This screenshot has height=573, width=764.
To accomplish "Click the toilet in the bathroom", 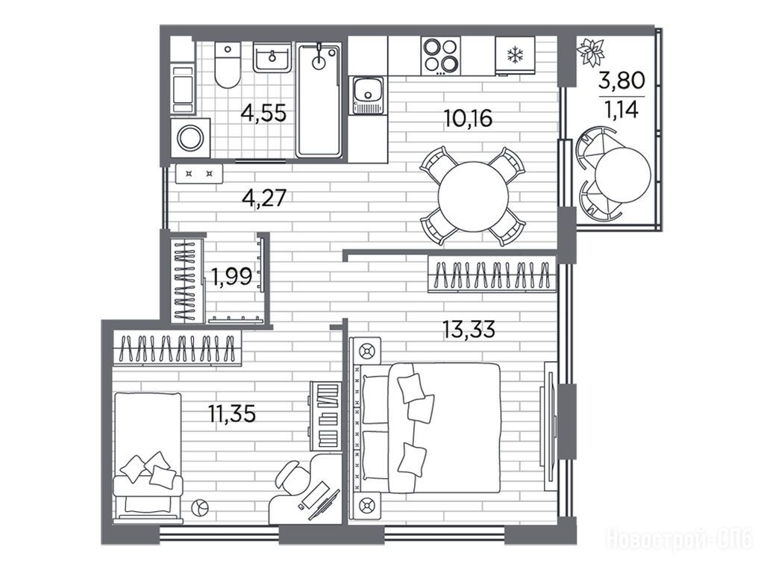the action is coord(228,65).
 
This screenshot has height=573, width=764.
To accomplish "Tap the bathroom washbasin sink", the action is coord(272,57).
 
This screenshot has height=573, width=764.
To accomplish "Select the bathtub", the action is coord(319,101).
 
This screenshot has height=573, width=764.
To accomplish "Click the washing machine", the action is coord(190,138).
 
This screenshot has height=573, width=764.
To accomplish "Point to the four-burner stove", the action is coord(440,56).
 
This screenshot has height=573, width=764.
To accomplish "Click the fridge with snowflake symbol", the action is coord(515,55).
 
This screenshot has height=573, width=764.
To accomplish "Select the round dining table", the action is coord(473,196).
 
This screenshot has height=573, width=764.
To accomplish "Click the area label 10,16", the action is coord(468,119).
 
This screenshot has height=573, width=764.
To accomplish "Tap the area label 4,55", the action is coord(263,113).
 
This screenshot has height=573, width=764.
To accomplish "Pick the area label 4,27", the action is coord(263,198).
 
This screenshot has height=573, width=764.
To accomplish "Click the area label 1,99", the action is coord(231,278).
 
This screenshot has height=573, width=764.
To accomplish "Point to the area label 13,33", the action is coord(469,330).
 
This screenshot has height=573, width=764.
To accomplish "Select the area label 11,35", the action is coord(232,415).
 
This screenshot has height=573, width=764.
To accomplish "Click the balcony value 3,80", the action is coord(621,80).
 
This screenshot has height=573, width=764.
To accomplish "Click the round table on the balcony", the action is coord(623,174).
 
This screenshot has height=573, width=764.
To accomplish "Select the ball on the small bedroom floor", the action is coord(200,508).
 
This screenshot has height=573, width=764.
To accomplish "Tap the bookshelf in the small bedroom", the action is coord(325,416).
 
